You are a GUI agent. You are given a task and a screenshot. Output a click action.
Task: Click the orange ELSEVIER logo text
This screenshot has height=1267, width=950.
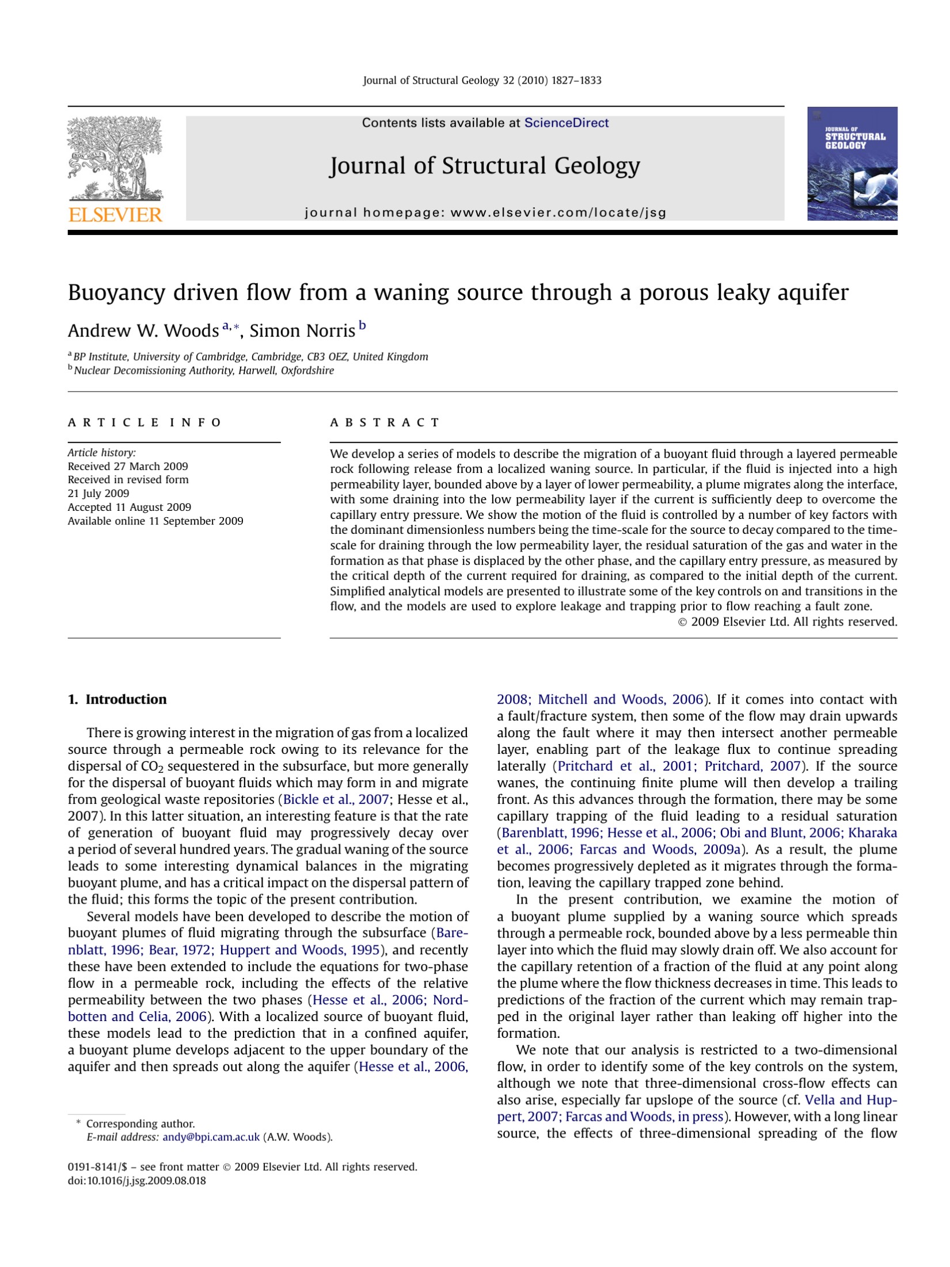coord(115,215)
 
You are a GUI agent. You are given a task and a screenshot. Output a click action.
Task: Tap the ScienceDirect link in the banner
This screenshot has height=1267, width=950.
coord(566,123)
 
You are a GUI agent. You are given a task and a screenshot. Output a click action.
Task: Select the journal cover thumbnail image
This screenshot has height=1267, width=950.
coord(852,164)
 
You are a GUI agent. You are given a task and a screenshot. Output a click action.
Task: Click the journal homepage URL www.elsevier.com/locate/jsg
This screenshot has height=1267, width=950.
coord(558,213)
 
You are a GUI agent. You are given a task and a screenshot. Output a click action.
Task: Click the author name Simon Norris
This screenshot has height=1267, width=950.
coord(302,331)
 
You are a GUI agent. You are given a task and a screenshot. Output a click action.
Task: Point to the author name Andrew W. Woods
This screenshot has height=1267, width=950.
coord(143,331)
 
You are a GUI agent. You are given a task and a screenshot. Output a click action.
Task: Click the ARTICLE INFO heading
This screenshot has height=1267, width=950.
coord(144,423)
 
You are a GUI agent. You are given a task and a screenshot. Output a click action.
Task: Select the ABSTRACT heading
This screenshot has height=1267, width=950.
coord(384,423)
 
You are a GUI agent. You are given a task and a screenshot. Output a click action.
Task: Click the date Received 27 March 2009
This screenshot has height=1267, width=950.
coord(128,466)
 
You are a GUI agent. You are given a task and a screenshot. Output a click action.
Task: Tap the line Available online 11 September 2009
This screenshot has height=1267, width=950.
coord(155,521)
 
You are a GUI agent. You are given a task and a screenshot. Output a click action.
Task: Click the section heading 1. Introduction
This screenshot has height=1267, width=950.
coord(117,699)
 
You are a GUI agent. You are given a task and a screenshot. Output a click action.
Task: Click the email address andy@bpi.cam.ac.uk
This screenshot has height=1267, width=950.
coord(211,1137)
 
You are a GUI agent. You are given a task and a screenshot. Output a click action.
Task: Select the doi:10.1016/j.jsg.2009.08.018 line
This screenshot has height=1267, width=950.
coord(136,1181)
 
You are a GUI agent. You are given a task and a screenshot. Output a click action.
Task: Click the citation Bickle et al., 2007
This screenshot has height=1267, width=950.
coord(336,799)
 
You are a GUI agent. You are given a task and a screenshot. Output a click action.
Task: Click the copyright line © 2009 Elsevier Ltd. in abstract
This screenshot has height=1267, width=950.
coord(787,621)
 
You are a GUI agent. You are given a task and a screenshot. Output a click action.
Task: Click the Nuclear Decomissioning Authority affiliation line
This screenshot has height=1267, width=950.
coord(203,370)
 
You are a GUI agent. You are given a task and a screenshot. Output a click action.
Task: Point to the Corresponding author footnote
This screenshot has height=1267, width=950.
coord(140,1124)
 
